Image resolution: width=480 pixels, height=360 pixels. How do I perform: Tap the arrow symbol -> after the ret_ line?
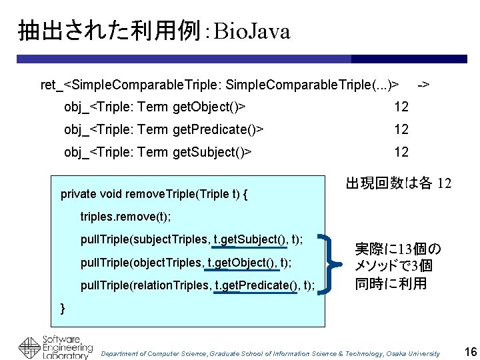click(423, 85)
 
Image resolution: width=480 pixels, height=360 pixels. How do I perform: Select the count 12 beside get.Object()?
click(401, 107)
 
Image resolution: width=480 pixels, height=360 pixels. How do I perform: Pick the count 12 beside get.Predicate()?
click(401, 129)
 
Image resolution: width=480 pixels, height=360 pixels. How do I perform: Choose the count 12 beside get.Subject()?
click(401, 152)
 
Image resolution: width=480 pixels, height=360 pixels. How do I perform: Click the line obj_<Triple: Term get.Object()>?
click(155, 107)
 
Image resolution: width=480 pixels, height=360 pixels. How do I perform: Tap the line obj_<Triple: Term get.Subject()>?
click(158, 152)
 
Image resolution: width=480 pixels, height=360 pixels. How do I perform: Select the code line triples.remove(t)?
click(125, 217)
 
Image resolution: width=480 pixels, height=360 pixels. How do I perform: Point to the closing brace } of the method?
click(63, 307)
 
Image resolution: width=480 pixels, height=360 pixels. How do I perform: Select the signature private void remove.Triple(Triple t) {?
click(154, 195)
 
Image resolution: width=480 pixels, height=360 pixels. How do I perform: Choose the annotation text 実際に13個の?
click(397, 249)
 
